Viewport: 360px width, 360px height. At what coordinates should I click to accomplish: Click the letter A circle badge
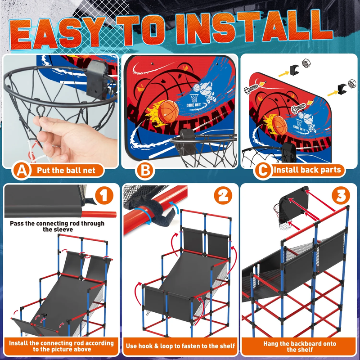pos(22,171)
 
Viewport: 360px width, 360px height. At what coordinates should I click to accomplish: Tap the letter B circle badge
pos(145,171)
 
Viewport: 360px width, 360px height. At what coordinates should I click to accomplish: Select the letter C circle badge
pos(263,170)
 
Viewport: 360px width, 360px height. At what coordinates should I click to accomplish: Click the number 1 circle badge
pos(104,196)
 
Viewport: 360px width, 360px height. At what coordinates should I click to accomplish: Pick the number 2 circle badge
pos(223,195)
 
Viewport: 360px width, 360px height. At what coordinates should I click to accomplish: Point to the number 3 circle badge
pos(341,195)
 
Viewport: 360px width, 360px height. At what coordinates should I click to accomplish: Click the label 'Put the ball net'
pos(66,171)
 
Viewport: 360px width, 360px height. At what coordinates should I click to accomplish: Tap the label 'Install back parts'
pos(307,170)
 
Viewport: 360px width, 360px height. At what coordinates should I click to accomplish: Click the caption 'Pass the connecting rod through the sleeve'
pos(58,226)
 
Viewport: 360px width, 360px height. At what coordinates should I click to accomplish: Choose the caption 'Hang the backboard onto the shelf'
pos(300,346)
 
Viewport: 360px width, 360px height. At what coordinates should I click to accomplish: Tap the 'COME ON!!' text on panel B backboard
pos(194,105)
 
